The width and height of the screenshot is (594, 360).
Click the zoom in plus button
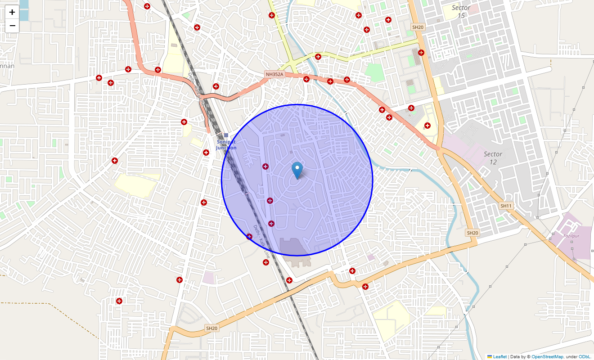click(x=12, y=12)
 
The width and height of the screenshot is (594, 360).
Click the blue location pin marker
click(x=297, y=170)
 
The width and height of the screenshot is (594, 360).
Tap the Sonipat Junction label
click(x=226, y=145)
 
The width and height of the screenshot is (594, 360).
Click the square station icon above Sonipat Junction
click(x=226, y=135)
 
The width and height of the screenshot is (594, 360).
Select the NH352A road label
click(x=274, y=74)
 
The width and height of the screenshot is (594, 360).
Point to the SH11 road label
click(x=506, y=206)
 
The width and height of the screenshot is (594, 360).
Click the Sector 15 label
click(x=461, y=11)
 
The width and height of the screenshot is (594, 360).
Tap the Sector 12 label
click(x=493, y=158)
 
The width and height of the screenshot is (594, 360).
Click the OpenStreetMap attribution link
click(x=547, y=356)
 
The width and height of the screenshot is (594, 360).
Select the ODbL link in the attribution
click(x=585, y=356)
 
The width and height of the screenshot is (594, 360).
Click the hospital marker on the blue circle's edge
click(x=249, y=237)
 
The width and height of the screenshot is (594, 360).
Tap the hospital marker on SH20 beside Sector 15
click(x=421, y=52)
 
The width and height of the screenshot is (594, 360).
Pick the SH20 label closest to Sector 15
click(x=418, y=27)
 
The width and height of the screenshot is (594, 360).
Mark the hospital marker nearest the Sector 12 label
click(x=427, y=126)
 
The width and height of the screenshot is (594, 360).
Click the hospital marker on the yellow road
click(x=318, y=57)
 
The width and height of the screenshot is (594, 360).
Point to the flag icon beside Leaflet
click(x=490, y=356)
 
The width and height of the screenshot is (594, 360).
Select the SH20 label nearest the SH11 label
click(x=472, y=233)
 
